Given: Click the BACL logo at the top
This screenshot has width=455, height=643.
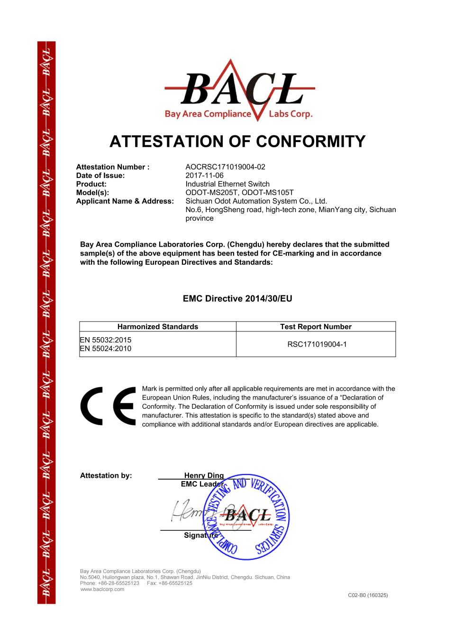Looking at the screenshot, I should [239, 91].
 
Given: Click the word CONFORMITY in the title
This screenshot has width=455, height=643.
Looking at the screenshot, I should [310, 141].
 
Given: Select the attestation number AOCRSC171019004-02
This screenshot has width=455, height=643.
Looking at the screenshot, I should [225, 167].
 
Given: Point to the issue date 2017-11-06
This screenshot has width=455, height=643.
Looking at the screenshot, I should [204, 175].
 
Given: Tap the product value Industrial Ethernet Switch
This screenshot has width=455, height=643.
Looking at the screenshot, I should [227, 184].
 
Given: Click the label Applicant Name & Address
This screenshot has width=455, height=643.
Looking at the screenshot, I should [125, 201].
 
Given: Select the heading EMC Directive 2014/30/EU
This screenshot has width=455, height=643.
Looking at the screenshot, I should [237, 298].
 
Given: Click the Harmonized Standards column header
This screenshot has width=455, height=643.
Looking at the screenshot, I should [158, 326].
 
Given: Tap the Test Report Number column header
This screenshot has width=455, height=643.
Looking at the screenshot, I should [316, 326].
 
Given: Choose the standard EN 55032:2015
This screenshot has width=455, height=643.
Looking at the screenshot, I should [106, 339].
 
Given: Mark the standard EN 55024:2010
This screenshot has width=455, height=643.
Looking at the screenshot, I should [106, 348].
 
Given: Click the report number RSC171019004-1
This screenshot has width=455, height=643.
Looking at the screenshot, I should [317, 344].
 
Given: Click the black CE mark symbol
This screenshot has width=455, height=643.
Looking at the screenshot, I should [109, 406].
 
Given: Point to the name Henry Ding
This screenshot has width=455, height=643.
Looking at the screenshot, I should [204, 475].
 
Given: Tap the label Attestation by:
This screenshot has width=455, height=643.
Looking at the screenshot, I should [106, 475].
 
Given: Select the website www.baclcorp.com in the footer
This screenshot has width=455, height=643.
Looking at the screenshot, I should [102, 589].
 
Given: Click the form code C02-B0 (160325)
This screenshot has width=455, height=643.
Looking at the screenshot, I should [368, 595].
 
